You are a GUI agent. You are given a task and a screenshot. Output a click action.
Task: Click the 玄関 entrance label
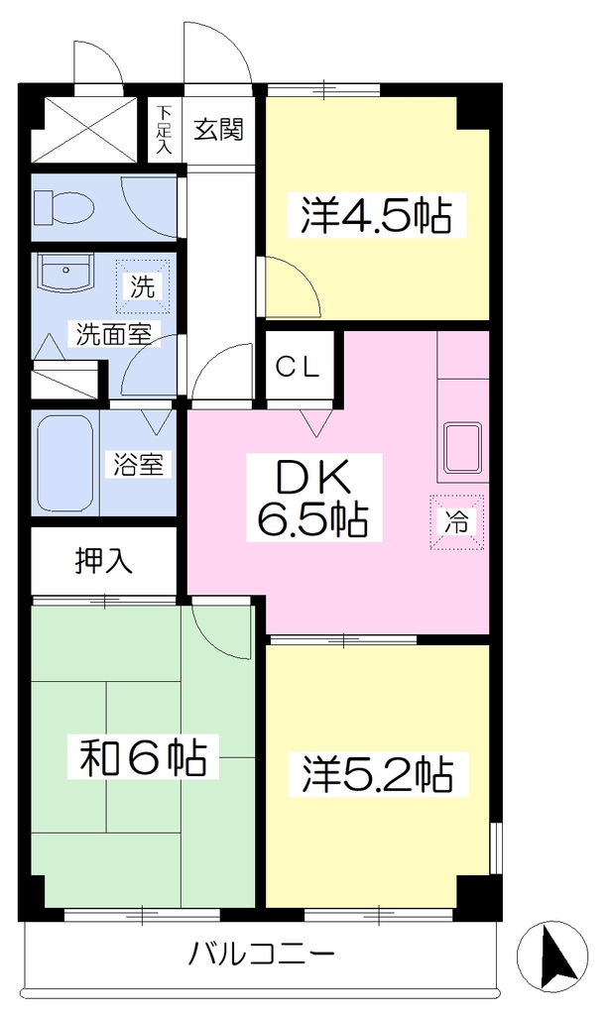219,130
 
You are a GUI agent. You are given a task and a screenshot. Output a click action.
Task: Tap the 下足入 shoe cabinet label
164,129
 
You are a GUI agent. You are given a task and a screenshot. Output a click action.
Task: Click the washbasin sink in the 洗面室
65,276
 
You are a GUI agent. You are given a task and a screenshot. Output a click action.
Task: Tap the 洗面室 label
114,334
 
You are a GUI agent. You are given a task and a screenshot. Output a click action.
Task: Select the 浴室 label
138,464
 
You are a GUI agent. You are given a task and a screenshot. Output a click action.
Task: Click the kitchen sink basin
462,448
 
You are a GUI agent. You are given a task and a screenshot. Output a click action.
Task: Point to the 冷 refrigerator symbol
457,521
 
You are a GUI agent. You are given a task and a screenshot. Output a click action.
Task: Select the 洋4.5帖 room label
376,216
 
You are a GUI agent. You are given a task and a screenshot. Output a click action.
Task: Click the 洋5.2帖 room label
377,773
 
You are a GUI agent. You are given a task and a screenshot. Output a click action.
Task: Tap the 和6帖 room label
144,756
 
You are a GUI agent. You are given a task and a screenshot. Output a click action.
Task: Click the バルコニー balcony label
262,954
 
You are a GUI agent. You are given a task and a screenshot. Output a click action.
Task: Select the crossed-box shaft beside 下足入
83,130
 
